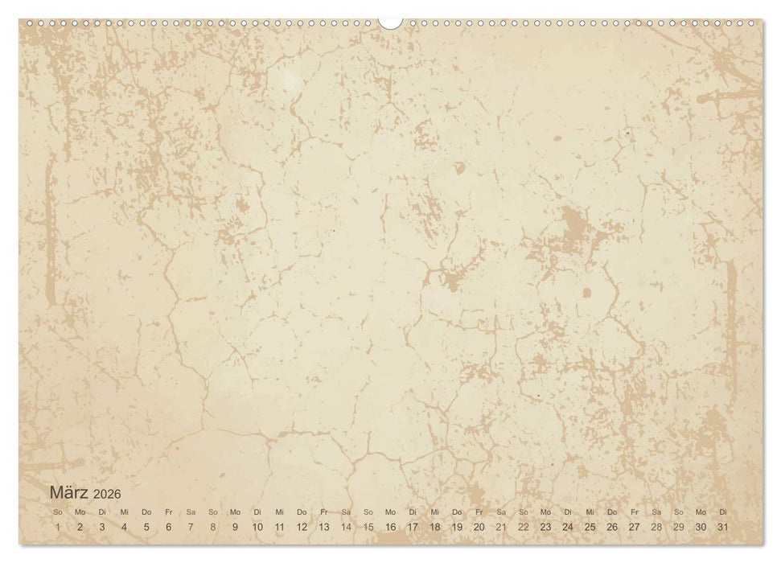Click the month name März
(x=69, y=492)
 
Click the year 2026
(x=107, y=494)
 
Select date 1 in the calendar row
(x=58, y=527)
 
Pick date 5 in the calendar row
(x=146, y=527)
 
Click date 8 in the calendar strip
(x=213, y=527)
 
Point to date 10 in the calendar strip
(x=257, y=527)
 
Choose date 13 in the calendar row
(x=323, y=527)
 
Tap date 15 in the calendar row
(x=368, y=527)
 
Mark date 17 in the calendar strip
(x=413, y=527)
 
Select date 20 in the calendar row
(x=479, y=527)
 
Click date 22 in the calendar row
(x=524, y=527)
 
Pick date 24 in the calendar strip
(x=568, y=527)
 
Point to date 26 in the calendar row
(x=612, y=527)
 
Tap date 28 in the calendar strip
(x=656, y=527)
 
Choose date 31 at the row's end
(x=723, y=527)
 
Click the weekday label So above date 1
(x=58, y=512)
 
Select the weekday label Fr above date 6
(x=169, y=512)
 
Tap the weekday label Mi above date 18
(x=435, y=512)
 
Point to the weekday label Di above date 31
(x=723, y=512)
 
